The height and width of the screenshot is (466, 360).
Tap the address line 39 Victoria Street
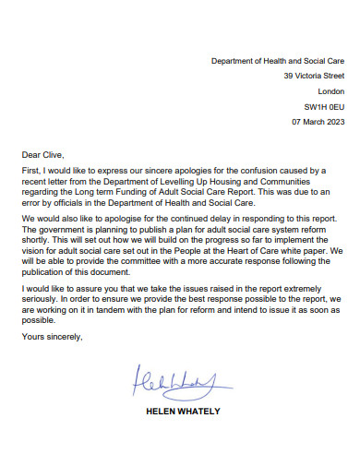(x=314, y=76)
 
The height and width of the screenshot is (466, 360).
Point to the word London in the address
(x=330, y=91)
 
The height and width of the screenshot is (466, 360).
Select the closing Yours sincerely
(x=52, y=336)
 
